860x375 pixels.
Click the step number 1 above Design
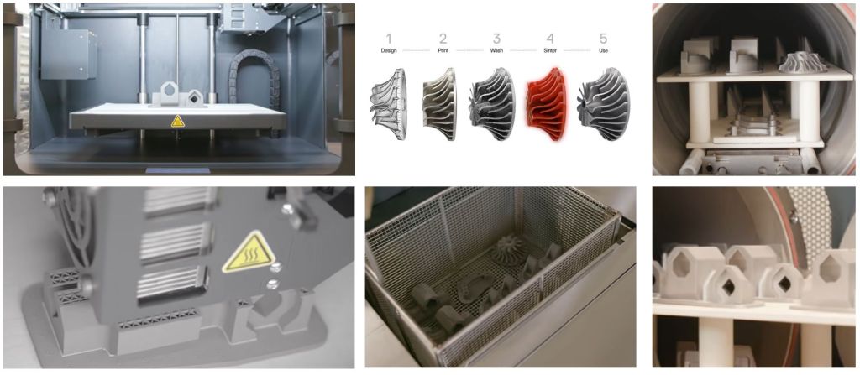[x=389, y=39]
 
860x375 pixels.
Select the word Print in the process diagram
[x=443, y=50]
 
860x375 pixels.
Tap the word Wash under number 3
[x=496, y=50]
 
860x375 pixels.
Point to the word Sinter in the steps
[x=550, y=50]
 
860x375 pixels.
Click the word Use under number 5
[x=604, y=50]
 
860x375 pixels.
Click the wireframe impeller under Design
[x=389, y=104]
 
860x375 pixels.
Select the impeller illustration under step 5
[x=603, y=104]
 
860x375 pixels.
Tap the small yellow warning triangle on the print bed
[x=178, y=122]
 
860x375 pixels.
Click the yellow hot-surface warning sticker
[x=249, y=253]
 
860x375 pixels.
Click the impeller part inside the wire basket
[x=510, y=249]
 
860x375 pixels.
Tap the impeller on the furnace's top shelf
[x=803, y=62]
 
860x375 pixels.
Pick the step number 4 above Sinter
[x=550, y=39]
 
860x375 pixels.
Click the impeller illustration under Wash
[x=492, y=104]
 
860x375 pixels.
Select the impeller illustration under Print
[x=440, y=104]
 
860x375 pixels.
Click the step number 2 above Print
[x=443, y=39]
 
